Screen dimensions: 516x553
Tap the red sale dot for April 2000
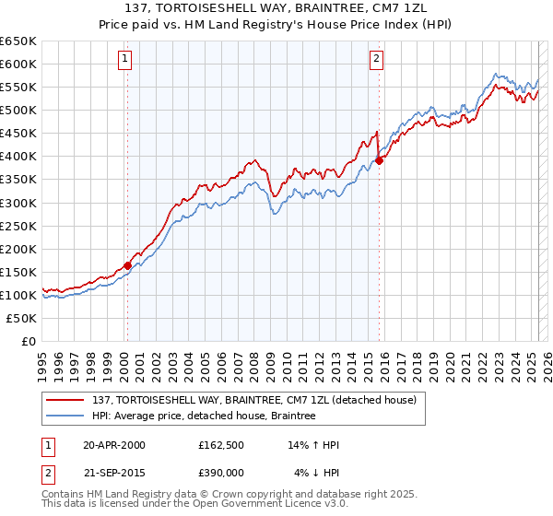127,265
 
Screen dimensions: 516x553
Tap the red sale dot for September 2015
379,160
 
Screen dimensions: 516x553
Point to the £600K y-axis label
18,64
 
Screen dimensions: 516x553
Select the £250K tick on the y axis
18,226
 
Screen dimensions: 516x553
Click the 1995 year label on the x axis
42,360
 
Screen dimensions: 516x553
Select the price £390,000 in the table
221,472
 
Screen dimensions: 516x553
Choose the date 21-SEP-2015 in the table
114,472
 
